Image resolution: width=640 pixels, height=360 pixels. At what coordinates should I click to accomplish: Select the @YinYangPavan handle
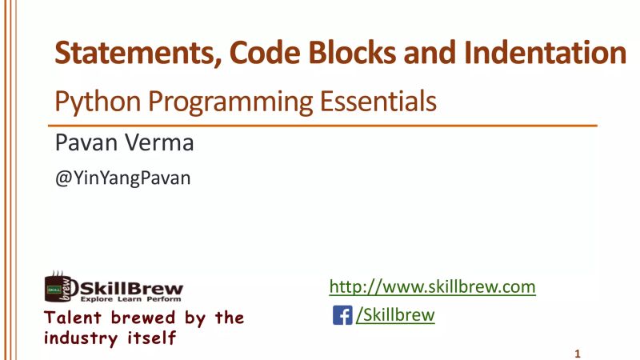pos(122,178)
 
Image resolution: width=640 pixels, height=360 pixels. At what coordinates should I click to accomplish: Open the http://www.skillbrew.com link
pos(432,286)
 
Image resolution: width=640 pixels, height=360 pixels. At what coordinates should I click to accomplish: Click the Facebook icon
pos(342,315)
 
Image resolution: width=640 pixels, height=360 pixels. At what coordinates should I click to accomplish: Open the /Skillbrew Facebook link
pos(395,315)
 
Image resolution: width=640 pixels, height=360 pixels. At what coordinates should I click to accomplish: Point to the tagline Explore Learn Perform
pos(130,298)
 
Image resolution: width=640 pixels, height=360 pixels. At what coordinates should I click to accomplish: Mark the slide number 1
pos(577,353)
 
